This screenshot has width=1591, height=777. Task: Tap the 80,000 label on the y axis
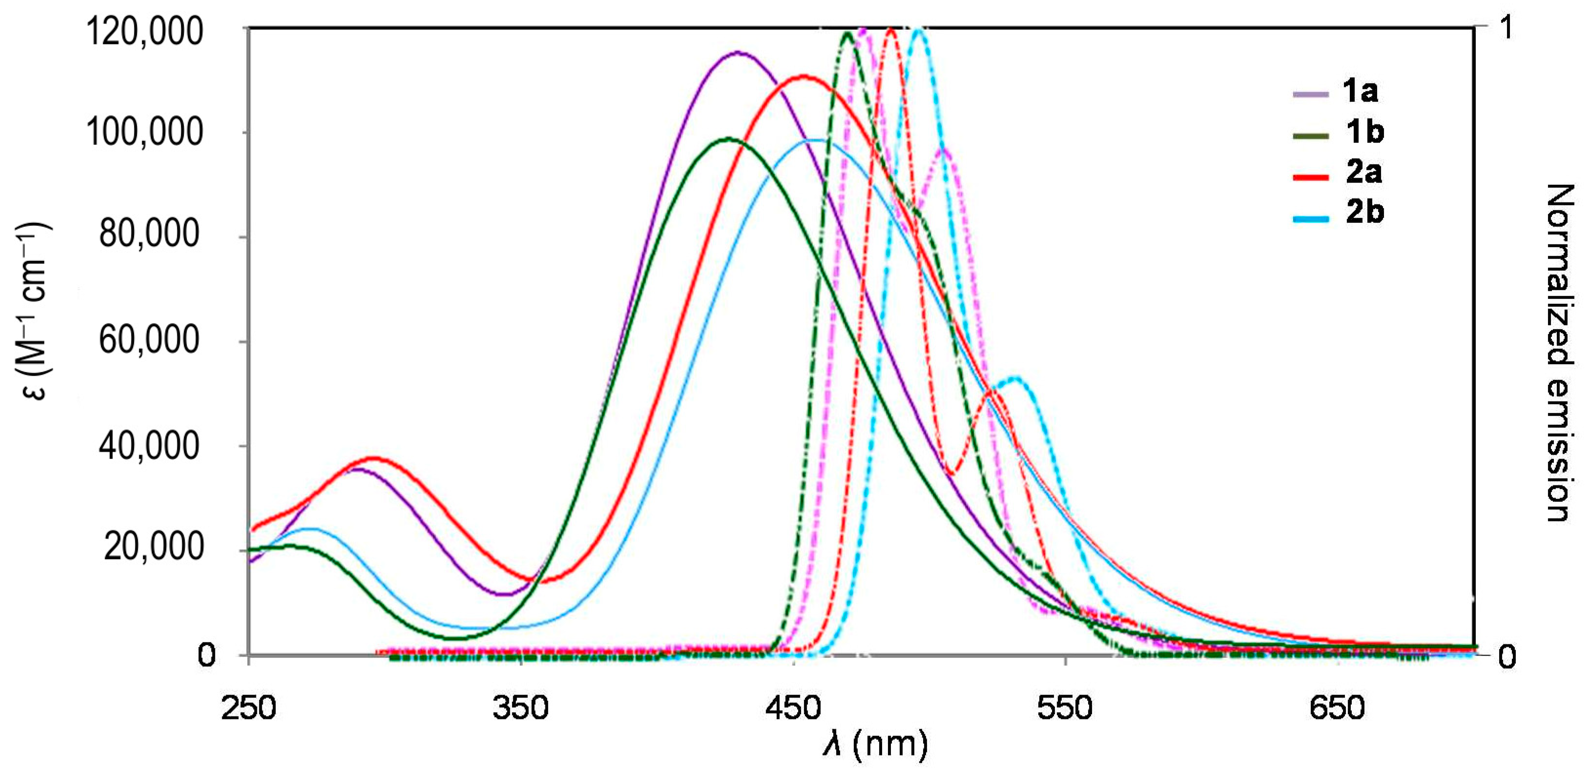(x=149, y=234)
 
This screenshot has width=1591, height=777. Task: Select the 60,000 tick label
(x=149, y=339)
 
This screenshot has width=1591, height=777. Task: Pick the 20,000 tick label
(x=153, y=546)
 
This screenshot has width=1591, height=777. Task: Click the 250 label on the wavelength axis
(x=248, y=708)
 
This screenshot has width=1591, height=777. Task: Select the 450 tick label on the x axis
(x=793, y=708)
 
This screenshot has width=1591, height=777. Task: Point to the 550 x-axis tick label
(x=1065, y=708)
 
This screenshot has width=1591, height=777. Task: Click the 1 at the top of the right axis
(x=1507, y=28)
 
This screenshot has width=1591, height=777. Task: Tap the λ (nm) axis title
(x=876, y=745)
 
